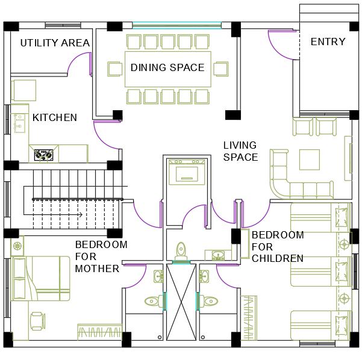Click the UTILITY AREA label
point(55,43)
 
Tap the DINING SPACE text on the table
point(167,67)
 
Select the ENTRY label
point(328,42)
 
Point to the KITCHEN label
point(55,117)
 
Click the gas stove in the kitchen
point(43,155)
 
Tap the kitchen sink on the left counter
point(19,123)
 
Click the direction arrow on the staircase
point(53,215)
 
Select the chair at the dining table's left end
point(114,69)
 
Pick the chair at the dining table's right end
point(220,69)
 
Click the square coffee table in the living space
point(310,160)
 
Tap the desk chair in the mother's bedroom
point(37,321)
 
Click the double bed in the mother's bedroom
point(41,278)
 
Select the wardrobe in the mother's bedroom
point(100,332)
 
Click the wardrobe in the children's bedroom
point(249,317)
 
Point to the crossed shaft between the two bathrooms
point(181,302)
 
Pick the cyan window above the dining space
point(177,25)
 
